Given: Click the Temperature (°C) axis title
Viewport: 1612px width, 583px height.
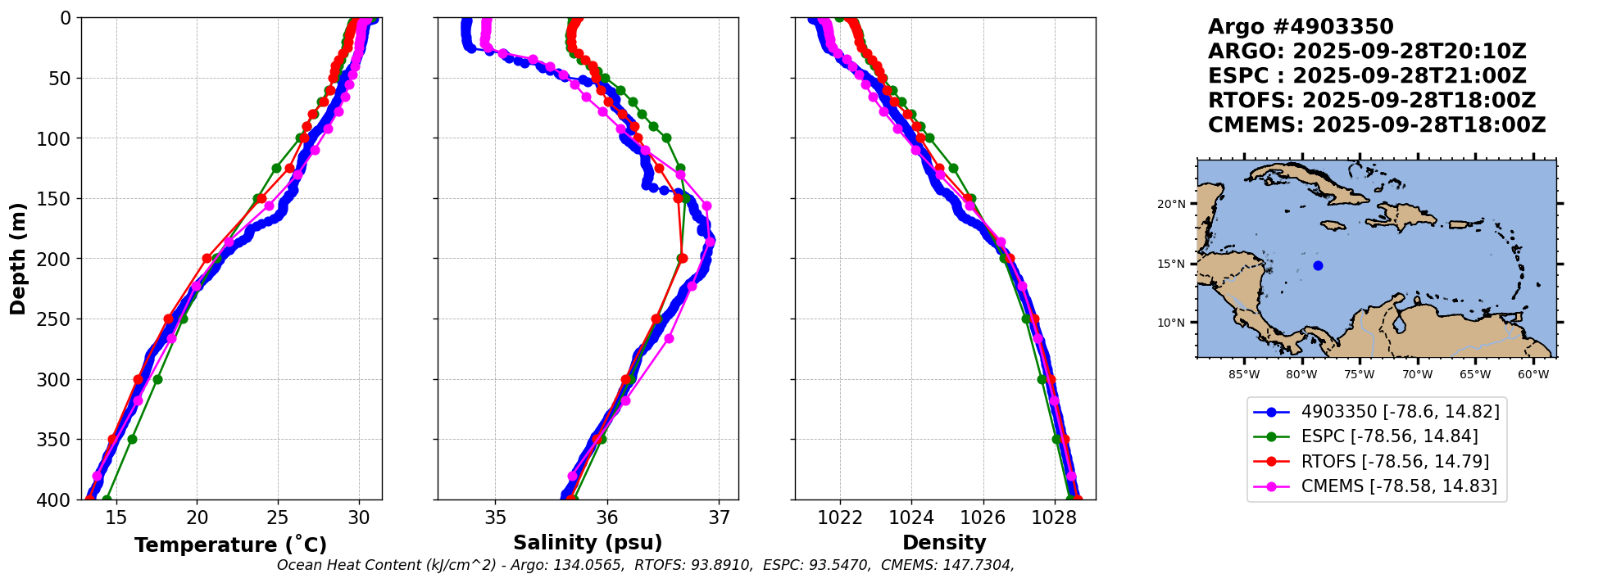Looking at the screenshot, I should pyautogui.click(x=230, y=545).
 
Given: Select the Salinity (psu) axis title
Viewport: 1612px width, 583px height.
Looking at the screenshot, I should pyautogui.click(x=588, y=543).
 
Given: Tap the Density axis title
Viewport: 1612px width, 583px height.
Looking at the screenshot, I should pyautogui.click(x=944, y=543).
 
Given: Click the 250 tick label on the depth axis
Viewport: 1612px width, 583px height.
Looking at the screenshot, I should pyautogui.click(x=57, y=319).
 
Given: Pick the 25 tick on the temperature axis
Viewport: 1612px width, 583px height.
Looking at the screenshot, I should pyautogui.click(x=278, y=517).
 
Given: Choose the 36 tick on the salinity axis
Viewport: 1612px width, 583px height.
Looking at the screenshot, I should pyautogui.click(x=606, y=517).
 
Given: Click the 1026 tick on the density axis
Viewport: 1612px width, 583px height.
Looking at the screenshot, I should pyautogui.click(x=983, y=517).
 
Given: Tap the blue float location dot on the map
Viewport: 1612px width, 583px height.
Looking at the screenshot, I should pyautogui.click(x=1318, y=265).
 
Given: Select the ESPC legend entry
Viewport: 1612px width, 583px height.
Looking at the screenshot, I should pyautogui.click(x=1389, y=436).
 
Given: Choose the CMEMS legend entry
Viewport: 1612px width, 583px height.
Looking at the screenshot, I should pyautogui.click(x=1398, y=486).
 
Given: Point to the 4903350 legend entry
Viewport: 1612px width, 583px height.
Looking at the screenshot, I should pyautogui.click(x=1400, y=411).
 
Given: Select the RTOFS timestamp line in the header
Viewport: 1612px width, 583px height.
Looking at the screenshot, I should pyautogui.click(x=1372, y=101).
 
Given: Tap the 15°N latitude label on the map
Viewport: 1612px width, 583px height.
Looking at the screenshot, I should pyautogui.click(x=1171, y=264).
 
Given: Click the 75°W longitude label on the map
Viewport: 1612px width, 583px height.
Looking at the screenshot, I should pyautogui.click(x=1359, y=375).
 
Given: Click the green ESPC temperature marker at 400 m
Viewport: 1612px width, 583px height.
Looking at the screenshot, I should pyautogui.click(x=107, y=499).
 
